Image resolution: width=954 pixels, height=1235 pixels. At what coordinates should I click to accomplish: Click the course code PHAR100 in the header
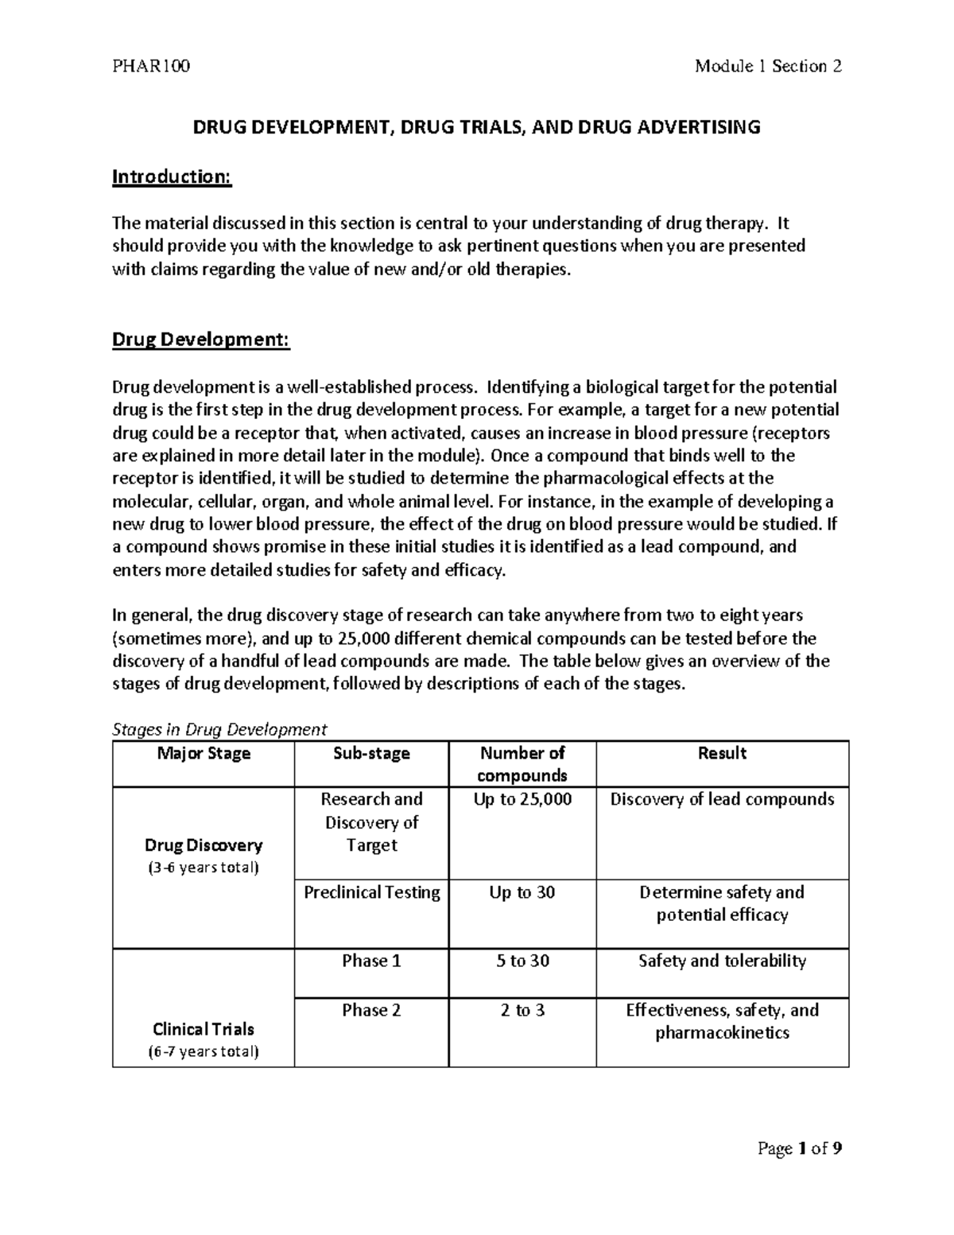[x=151, y=66]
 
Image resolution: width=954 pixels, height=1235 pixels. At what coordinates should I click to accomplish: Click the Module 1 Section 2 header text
[x=767, y=66]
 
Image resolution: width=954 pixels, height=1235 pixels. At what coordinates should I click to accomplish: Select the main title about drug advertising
[x=477, y=127]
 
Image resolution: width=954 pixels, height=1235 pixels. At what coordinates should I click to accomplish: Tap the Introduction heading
[x=172, y=177]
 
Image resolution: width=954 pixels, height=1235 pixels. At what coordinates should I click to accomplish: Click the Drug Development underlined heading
[x=201, y=340]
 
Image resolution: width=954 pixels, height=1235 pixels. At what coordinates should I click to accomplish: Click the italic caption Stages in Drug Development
[x=219, y=729]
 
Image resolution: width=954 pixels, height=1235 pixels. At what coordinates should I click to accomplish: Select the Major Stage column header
[x=204, y=753]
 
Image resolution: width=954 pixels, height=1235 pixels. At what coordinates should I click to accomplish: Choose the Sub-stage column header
[x=371, y=753]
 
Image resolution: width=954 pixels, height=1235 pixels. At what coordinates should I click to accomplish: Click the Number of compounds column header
[x=522, y=763]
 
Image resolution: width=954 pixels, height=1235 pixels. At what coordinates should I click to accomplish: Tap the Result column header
[x=722, y=753]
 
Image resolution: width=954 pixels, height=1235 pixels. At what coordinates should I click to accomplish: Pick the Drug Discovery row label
[x=204, y=845]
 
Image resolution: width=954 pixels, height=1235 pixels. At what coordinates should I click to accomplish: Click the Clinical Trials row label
[x=204, y=1029]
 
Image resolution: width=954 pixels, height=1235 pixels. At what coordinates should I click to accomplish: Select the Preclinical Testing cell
[x=371, y=892]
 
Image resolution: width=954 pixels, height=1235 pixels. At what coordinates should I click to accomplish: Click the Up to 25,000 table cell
[x=522, y=799]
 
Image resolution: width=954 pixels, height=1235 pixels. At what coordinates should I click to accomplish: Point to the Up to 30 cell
[x=522, y=892]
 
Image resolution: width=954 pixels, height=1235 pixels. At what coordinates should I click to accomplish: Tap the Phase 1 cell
[x=371, y=961]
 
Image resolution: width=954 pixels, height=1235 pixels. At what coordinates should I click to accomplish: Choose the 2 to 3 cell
[x=522, y=1010]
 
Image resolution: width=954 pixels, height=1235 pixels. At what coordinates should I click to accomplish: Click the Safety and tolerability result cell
[x=722, y=961]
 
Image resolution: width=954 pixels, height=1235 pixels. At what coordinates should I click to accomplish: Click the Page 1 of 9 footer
[x=799, y=1148]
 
